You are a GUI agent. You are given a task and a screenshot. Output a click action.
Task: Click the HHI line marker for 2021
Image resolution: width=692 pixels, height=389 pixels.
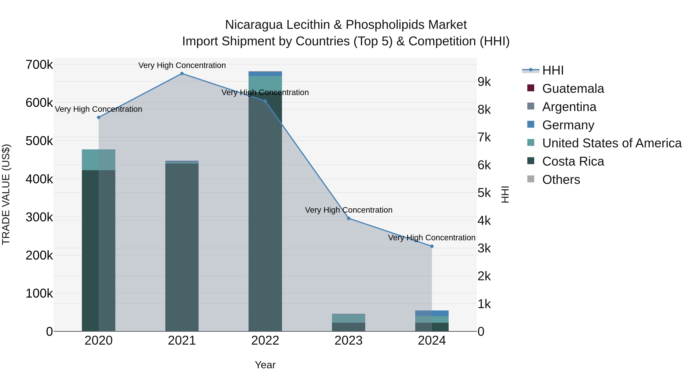point(182,74)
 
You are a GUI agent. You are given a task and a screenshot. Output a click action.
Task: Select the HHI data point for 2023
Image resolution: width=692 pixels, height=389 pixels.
point(348,218)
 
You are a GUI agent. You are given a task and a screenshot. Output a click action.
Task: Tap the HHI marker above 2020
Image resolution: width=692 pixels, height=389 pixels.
point(99,117)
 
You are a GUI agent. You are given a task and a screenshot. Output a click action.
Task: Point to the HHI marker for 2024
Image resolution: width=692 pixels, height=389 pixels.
point(432,246)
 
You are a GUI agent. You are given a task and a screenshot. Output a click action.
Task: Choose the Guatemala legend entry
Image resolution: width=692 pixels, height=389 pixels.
point(573,89)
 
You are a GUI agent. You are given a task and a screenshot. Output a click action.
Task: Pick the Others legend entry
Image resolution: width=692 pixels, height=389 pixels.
point(561,180)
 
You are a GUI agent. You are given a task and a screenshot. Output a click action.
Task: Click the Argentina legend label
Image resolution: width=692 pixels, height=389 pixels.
point(569,107)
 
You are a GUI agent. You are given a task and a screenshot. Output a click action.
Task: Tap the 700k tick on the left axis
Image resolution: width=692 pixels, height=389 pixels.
point(39,65)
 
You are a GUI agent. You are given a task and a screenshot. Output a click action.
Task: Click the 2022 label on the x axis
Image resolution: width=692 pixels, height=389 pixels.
point(265,341)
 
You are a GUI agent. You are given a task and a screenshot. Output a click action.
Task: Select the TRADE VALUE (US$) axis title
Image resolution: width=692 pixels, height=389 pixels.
point(6,194)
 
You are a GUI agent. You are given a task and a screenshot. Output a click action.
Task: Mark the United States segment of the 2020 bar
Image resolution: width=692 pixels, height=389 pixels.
point(99,160)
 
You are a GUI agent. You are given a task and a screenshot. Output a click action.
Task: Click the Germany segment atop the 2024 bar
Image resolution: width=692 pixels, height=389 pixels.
point(432,313)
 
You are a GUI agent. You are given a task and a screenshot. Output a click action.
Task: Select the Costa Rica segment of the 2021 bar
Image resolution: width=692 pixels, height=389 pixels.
point(182,247)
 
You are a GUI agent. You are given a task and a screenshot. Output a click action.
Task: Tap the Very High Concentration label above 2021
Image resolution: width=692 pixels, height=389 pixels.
point(182,66)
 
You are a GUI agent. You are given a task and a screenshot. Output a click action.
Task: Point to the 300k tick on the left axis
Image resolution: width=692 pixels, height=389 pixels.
point(39,217)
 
